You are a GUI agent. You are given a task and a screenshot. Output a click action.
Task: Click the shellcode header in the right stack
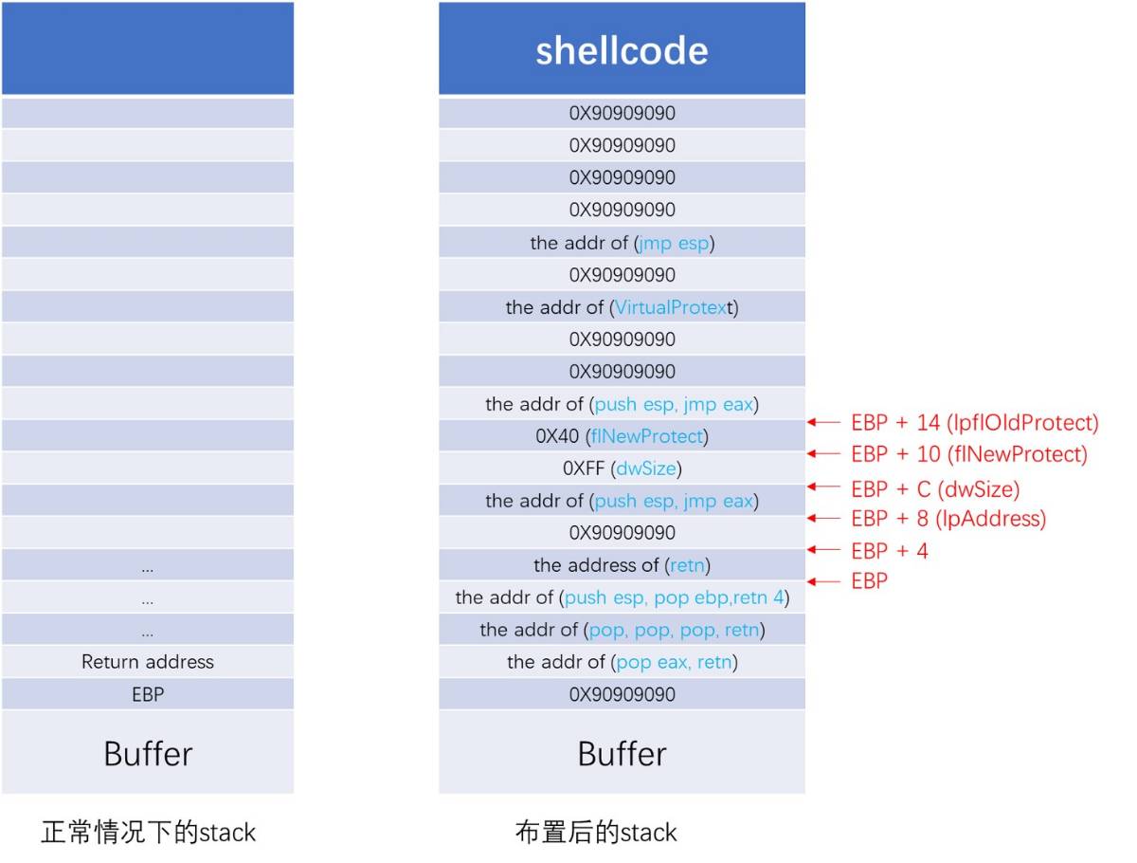(622, 49)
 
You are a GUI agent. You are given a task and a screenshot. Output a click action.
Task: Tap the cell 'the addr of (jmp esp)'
(622, 243)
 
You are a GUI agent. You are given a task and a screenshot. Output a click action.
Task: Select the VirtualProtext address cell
(622, 307)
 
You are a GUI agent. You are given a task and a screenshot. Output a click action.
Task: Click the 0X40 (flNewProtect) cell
(622, 436)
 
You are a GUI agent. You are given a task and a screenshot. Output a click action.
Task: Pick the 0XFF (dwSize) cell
(622, 468)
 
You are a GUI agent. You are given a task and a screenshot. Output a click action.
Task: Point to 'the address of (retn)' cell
(622, 565)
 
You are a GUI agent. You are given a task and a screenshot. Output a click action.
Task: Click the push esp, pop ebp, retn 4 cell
(622, 597)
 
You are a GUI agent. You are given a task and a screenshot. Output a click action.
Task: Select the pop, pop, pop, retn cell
(622, 630)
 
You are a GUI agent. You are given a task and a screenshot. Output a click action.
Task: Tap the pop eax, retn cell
(622, 662)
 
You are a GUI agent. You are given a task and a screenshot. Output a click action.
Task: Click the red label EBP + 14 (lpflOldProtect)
(974, 423)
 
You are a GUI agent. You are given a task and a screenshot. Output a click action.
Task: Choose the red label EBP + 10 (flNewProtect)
(968, 455)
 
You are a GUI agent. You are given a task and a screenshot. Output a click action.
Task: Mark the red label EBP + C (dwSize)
(934, 489)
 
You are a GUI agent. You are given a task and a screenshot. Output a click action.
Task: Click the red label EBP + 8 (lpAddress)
(947, 519)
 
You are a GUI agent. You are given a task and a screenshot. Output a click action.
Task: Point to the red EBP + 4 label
(889, 551)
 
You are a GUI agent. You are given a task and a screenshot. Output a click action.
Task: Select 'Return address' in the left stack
(148, 662)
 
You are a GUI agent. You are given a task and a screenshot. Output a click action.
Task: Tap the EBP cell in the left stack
(148, 694)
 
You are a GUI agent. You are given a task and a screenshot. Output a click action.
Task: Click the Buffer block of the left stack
(148, 753)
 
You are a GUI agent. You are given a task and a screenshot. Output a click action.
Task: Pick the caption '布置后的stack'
(596, 833)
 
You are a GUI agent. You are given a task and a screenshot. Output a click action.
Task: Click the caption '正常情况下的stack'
(149, 833)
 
